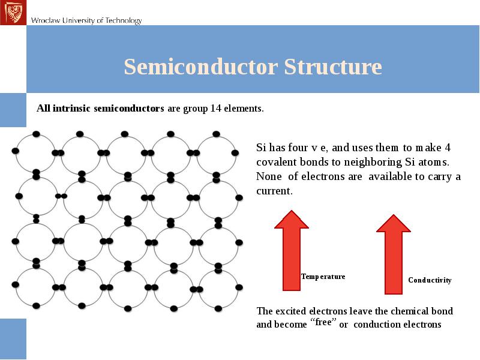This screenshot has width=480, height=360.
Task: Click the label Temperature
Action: pyautogui.click(x=323, y=277)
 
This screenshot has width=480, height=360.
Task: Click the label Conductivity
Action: pyautogui.click(x=430, y=280)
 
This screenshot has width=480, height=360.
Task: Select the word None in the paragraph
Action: pyautogui.click(x=268, y=176)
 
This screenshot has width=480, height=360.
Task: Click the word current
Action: pyautogui.click(x=273, y=191)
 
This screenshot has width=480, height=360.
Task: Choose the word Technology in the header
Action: pyautogui.click(x=123, y=20)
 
